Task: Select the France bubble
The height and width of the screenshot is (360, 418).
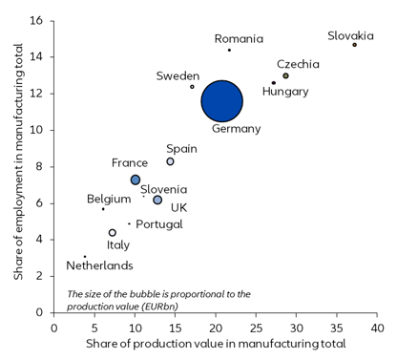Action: click(x=136, y=180)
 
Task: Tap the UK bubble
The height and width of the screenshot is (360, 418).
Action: click(x=157, y=200)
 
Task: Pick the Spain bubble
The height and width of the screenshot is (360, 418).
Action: click(x=170, y=161)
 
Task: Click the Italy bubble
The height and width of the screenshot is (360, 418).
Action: click(x=113, y=232)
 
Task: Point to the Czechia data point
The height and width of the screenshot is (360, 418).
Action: click(x=285, y=75)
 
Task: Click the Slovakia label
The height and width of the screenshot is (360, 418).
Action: click(x=350, y=35)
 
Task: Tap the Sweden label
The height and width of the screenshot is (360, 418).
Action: click(x=178, y=75)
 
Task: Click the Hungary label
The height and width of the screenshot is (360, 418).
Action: click(x=285, y=92)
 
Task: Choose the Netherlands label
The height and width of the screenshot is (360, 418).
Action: click(x=99, y=265)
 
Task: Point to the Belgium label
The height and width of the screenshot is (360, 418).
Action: click(x=108, y=199)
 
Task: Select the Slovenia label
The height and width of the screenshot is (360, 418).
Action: click(x=164, y=190)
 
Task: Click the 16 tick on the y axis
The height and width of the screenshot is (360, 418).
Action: click(x=37, y=20)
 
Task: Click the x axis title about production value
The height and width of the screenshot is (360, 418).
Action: click(x=216, y=342)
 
